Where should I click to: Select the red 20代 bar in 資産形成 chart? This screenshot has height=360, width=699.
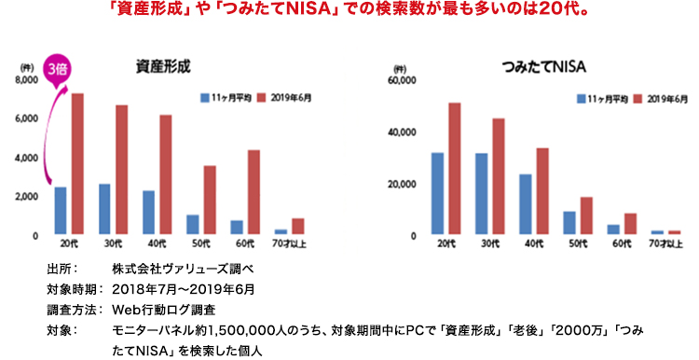77,163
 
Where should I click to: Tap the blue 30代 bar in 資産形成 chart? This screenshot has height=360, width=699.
104,209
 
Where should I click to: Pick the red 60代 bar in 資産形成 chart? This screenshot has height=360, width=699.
254,191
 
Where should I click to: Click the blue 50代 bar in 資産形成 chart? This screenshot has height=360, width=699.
192,225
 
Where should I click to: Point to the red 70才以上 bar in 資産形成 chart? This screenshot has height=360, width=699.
297,227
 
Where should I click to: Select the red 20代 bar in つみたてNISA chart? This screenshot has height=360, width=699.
455,169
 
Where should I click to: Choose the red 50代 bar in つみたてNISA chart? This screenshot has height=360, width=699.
586,216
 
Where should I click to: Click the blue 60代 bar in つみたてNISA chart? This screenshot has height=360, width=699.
613,229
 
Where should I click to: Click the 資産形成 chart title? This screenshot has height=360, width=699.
162,66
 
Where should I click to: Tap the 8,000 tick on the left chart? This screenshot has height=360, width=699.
25,81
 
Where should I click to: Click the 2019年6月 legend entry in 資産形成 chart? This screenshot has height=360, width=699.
288,97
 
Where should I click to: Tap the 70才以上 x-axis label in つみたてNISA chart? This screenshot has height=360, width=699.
665,244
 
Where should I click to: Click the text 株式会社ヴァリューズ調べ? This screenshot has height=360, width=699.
178,269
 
